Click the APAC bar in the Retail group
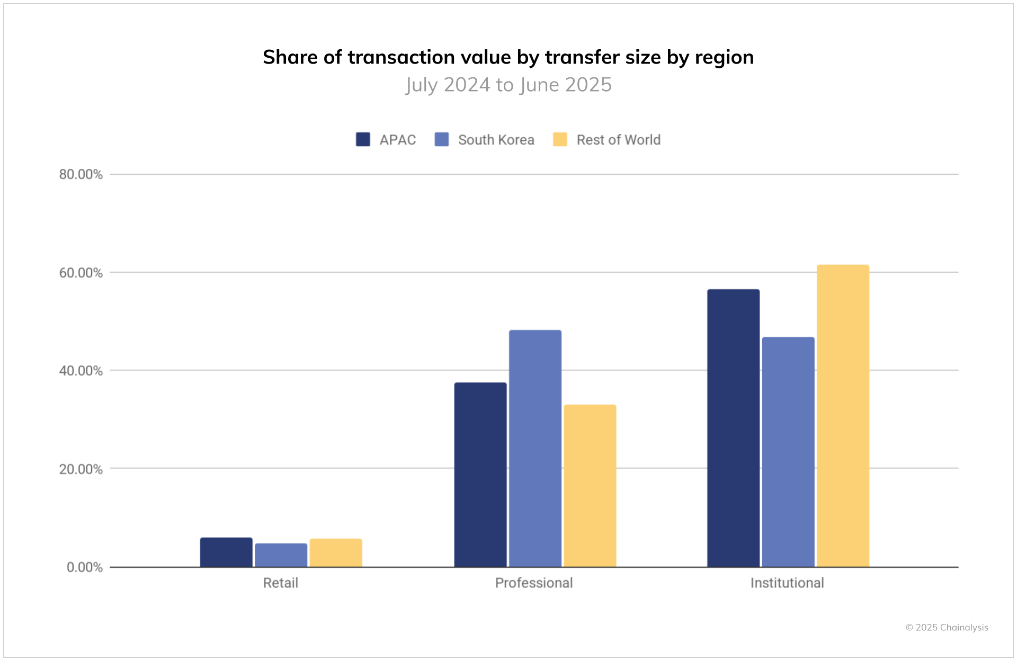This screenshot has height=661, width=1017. click(x=226, y=552)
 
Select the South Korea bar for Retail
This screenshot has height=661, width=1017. click(x=281, y=555)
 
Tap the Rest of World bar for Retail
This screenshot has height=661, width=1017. click(x=336, y=553)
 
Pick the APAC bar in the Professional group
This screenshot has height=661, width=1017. click(x=480, y=475)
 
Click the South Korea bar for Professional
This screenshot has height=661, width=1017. click(x=535, y=448)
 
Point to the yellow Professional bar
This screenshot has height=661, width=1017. click(x=590, y=486)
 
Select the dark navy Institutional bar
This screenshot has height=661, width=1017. click(x=733, y=428)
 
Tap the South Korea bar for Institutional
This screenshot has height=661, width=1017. click(x=788, y=452)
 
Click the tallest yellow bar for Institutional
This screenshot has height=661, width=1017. click(x=843, y=416)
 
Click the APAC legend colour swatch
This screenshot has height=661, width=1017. click(x=363, y=139)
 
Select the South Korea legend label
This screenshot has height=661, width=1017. click(x=496, y=140)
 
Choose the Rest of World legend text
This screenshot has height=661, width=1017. click(x=618, y=140)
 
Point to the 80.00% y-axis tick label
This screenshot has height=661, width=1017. click(x=81, y=174)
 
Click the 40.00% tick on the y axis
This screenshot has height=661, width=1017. click(x=81, y=371)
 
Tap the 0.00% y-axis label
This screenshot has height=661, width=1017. click(x=84, y=567)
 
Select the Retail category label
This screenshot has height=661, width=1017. click(x=280, y=583)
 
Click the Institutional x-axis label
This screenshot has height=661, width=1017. click(x=787, y=583)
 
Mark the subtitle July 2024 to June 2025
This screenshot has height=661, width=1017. click(x=508, y=85)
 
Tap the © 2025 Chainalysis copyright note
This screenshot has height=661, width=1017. click(x=947, y=628)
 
